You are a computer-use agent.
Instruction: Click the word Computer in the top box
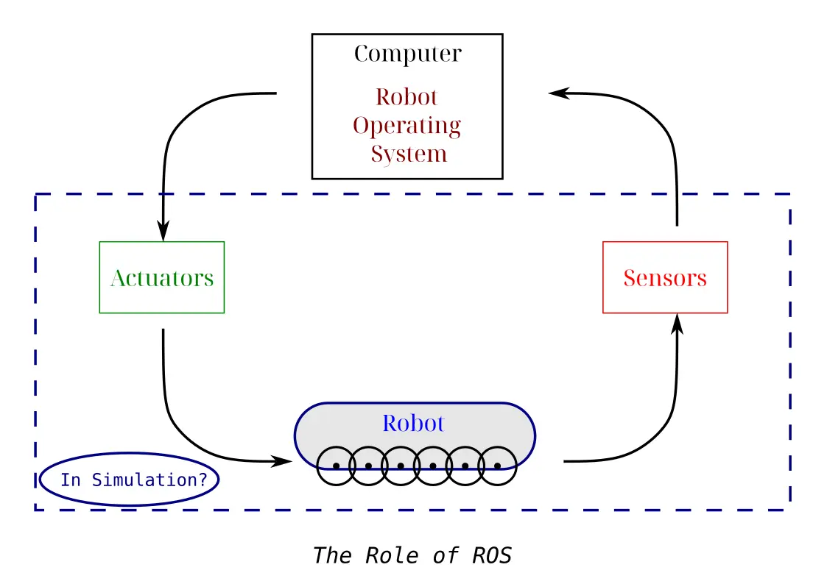[408, 54]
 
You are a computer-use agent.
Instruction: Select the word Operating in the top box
[407, 127]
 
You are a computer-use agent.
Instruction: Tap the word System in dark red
[409, 154]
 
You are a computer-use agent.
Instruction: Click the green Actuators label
[162, 278]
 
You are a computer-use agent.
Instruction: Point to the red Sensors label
[665, 278]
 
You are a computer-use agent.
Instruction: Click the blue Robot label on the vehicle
[414, 424]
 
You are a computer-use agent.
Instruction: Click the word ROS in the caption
[491, 555]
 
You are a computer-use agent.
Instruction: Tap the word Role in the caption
[392, 555]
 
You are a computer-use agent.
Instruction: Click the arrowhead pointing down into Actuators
[163, 231]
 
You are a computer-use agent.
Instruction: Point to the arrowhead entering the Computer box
[559, 93]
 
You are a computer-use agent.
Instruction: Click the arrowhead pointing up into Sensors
[678, 324]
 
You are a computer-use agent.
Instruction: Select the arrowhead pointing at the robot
[281, 461]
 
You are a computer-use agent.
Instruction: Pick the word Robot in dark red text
[407, 97]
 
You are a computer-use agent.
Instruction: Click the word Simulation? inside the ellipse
[149, 480]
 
